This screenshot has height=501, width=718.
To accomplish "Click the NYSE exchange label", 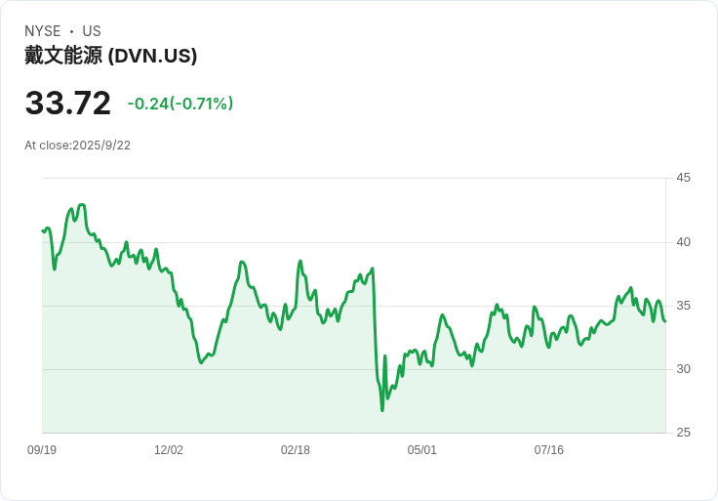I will (x=43, y=31).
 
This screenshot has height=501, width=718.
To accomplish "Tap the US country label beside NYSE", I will (x=92, y=31).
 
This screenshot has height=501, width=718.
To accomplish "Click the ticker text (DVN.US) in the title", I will (x=153, y=56).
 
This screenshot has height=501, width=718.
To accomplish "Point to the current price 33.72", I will (x=68, y=104).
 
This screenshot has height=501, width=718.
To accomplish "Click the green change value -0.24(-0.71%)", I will (x=180, y=104).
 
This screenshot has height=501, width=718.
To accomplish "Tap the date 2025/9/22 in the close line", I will (x=101, y=146).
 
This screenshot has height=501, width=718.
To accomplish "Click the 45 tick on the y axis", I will (x=684, y=178).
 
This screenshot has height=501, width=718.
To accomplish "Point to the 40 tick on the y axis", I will (x=684, y=242).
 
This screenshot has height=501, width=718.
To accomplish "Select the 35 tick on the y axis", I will (x=684, y=306).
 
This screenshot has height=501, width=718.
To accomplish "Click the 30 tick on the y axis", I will (x=684, y=369).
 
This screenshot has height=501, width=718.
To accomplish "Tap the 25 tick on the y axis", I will (x=684, y=433).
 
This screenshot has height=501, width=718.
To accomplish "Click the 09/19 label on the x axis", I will (x=42, y=450).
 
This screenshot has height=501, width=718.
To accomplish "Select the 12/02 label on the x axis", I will (x=169, y=450).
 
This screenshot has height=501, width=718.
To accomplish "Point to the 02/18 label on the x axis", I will (x=296, y=450).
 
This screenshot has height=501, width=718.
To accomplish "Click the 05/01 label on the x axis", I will (x=422, y=450).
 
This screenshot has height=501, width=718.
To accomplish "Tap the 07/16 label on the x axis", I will (x=549, y=450).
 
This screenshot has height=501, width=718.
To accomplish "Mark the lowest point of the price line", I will (x=382, y=410).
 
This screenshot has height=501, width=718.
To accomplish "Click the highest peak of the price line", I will (x=82, y=204).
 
